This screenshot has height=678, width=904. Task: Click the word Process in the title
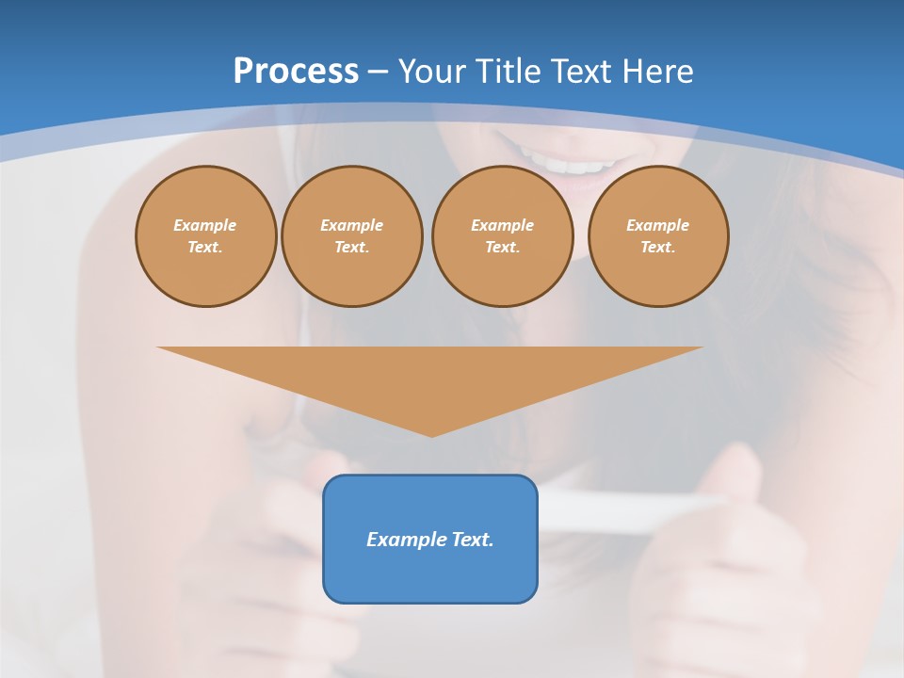[x=296, y=72]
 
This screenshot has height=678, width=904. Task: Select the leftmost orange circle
[x=206, y=235]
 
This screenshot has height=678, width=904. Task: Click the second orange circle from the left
[x=352, y=235]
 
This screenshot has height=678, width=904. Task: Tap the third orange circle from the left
[x=503, y=235]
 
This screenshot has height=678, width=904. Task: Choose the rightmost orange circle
[x=658, y=235]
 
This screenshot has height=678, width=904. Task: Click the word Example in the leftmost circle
[x=205, y=225]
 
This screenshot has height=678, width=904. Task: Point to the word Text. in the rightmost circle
[x=658, y=247]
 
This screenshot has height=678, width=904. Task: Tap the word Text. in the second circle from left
[x=352, y=247]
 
